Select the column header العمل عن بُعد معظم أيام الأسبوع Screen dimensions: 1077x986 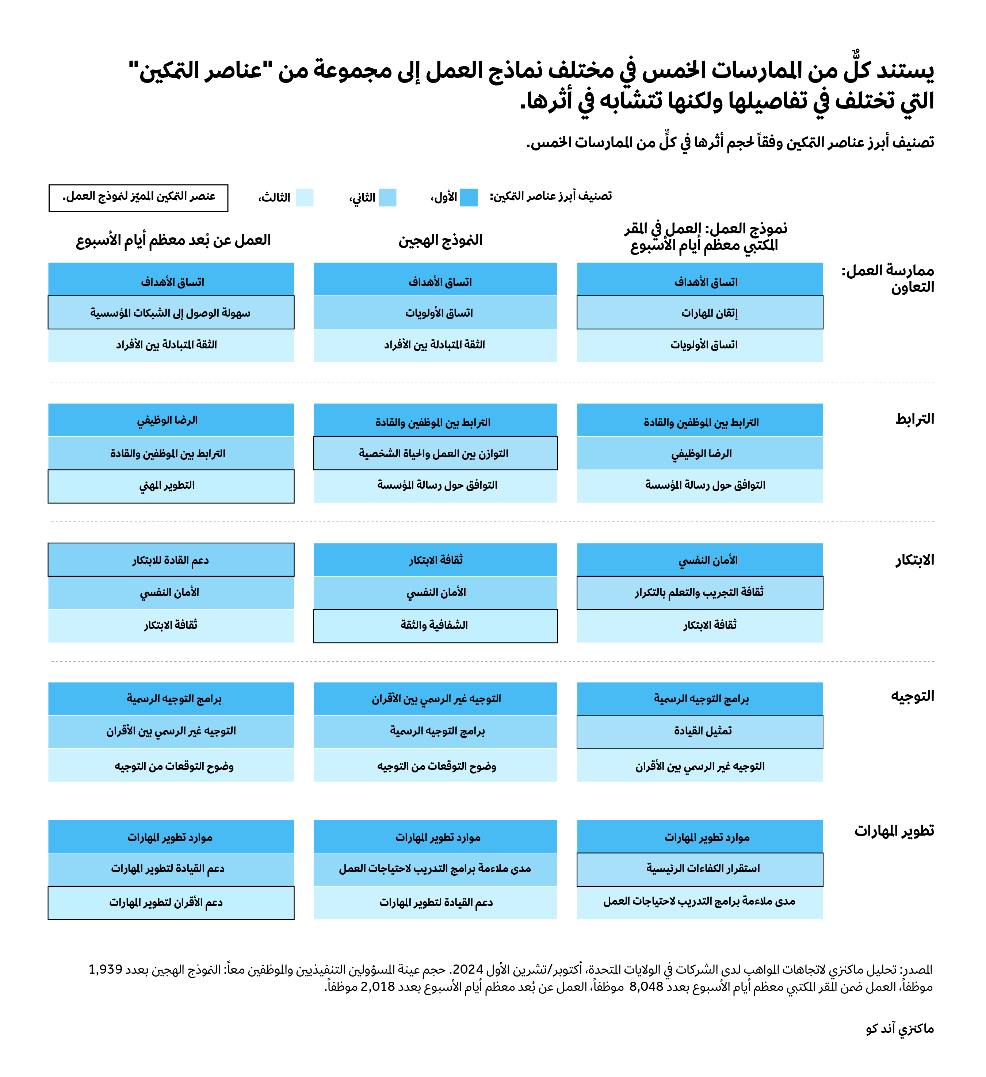click(173, 240)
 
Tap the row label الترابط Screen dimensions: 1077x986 click(914, 419)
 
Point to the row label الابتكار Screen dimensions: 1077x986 click(914, 560)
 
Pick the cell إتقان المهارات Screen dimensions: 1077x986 click(700, 313)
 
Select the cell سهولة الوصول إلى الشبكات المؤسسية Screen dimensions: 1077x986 click(171, 313)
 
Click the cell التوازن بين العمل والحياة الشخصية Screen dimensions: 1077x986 click(435, 454)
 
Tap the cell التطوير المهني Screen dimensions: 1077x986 click(171, 486)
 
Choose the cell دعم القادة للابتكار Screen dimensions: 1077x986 click(171, 560)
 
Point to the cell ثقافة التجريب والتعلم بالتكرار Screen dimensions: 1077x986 click(700, 592)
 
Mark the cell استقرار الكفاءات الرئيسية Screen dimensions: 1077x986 click(700, 869)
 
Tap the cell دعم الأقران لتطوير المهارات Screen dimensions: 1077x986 click(171, 903)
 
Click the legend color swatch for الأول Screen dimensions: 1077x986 click(469, 198)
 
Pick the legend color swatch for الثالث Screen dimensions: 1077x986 click(305, 198)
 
